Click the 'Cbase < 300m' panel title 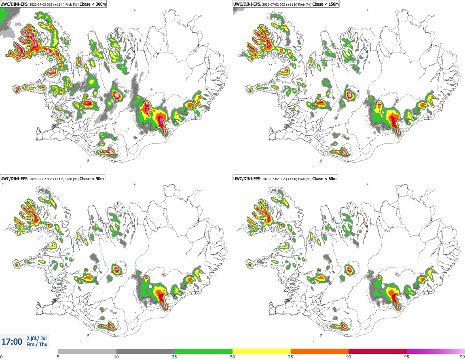tap(93, 4)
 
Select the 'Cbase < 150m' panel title tap(325, 4)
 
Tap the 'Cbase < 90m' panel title tap(92, 179)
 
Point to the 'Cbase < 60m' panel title tap(324, 179)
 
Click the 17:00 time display tap(12, 342)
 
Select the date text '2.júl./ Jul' tap(36, 338)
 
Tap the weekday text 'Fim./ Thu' tap(37, 344)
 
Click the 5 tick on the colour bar tap(58, 357)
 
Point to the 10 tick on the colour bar tap(116, 357)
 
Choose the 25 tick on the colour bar tap(174, 357)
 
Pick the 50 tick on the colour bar tap(232, 357)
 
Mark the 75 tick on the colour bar tap(291, 357)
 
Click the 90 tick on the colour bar tap(349, 357)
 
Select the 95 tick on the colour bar tap(407, 357)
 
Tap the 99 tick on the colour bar tap(462, 357)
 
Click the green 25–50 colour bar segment tap(203, 351)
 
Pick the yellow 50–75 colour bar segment tap(262, 351)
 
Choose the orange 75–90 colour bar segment tap(320, 351)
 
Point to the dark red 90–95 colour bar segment tap(378, 351)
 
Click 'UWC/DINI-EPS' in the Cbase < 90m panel tap(14, 179)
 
